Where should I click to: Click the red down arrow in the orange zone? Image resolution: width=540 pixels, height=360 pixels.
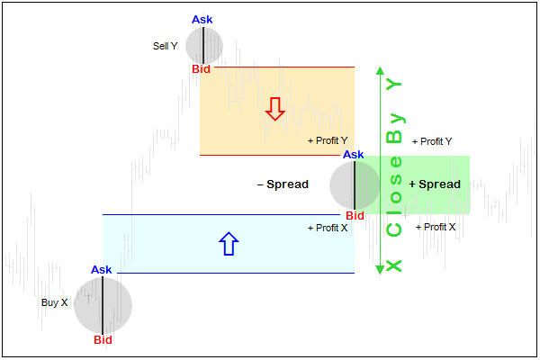275,109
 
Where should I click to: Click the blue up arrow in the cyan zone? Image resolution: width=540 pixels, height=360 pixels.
229,243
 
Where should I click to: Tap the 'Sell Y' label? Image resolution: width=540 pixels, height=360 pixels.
166,45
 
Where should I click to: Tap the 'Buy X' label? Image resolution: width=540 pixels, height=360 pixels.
55,302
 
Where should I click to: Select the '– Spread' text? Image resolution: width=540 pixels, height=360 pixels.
283,184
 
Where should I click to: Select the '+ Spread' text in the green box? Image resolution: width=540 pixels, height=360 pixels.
435,184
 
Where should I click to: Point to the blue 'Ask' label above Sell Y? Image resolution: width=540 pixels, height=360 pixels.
203,20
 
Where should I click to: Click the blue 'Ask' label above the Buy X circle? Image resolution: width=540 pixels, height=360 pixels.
102,269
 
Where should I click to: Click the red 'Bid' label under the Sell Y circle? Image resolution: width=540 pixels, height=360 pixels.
202,69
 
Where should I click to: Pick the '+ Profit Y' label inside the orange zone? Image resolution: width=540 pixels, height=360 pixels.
328,141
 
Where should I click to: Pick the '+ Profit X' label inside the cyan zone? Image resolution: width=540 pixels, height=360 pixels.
328,228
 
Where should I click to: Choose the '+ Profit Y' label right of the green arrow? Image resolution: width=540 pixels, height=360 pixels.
432,141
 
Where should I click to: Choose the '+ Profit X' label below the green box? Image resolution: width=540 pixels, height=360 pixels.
436,228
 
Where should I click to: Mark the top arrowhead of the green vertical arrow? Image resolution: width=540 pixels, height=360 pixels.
381,71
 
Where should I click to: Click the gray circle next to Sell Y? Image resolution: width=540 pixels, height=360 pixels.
204,44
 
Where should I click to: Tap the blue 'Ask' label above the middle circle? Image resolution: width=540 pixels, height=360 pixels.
354,155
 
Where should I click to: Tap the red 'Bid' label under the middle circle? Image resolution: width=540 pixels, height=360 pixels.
355,216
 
